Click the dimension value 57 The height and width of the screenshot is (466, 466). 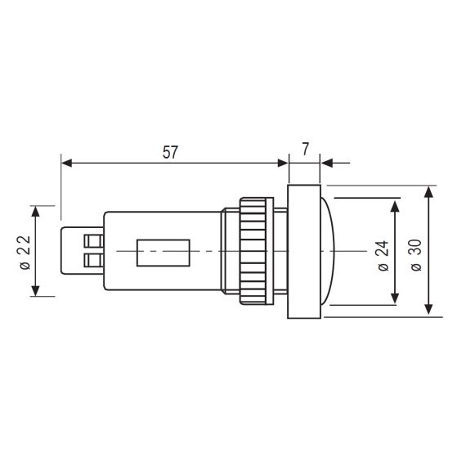point(170,152)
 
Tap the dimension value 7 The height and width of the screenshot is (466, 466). point(306,149)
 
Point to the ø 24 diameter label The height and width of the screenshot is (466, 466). point(383,256)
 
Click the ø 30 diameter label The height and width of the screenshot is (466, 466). point(416,255)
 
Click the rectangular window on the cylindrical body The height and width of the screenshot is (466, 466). point(164,253)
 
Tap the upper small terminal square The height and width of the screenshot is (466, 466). point(94,241)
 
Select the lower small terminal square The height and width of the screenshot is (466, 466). point(94,260)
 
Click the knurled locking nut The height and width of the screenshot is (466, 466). point(257,251)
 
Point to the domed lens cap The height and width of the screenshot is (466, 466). point(328,251)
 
